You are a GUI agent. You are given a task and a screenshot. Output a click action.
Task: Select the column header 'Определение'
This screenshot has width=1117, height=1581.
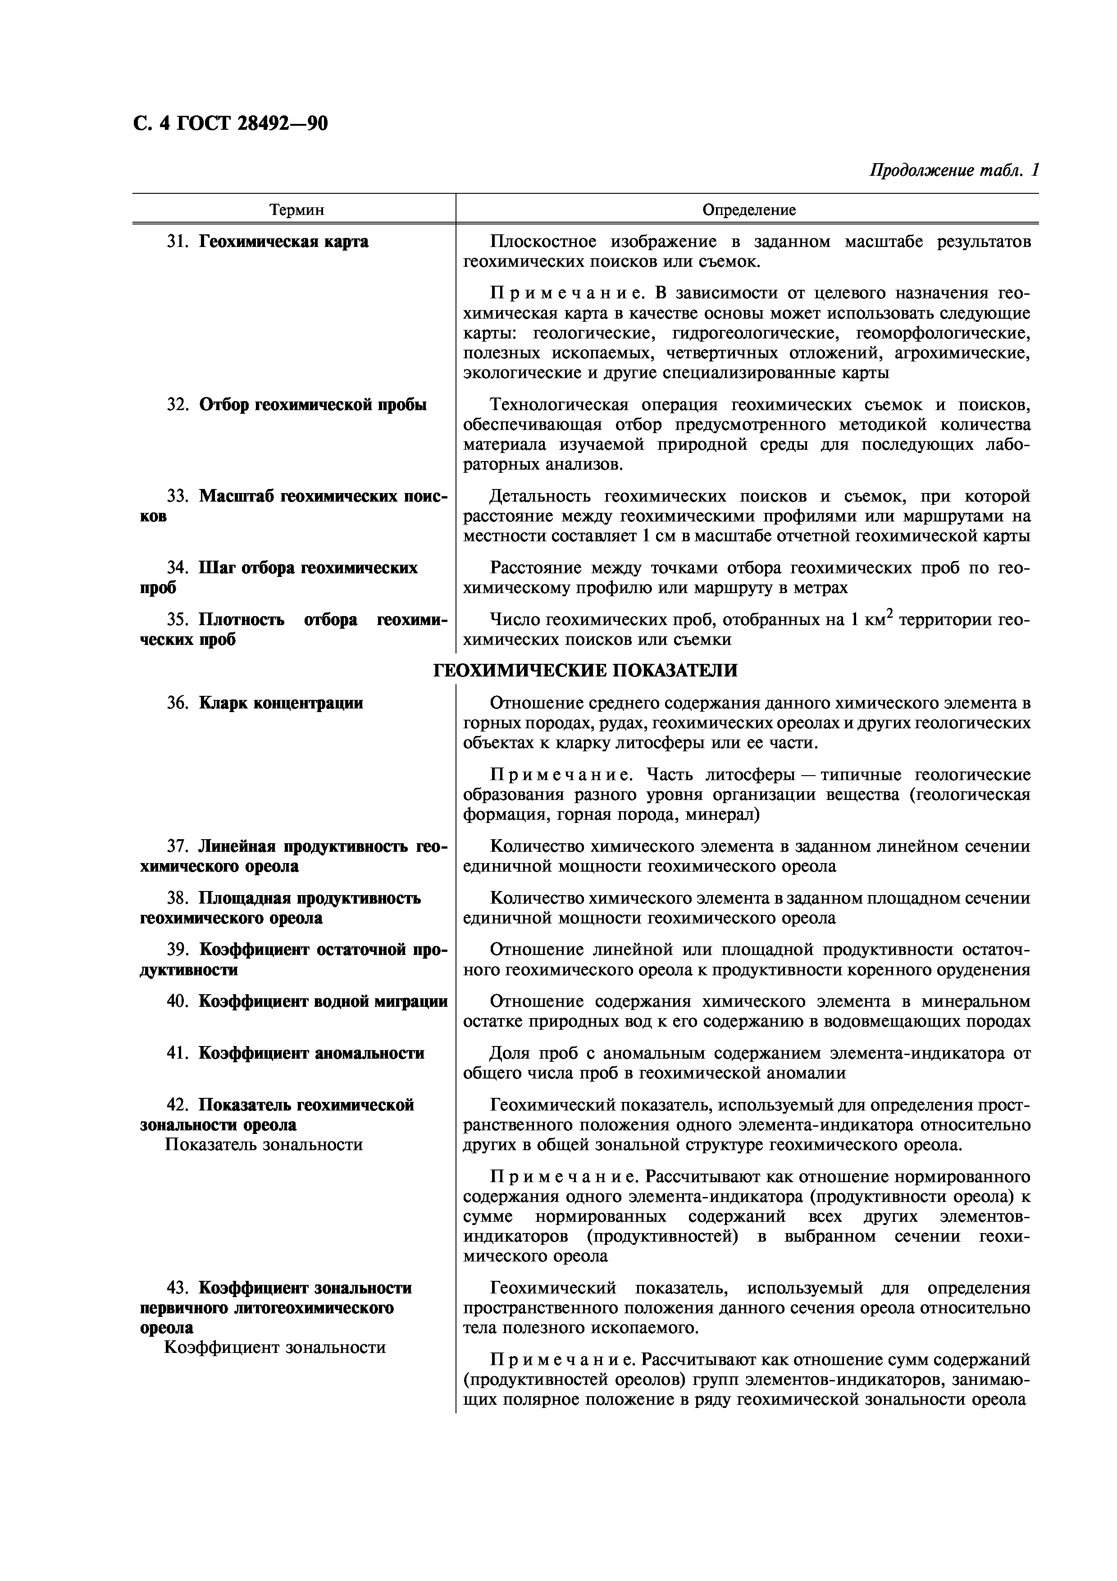pyautogui.click(x=748, y=210)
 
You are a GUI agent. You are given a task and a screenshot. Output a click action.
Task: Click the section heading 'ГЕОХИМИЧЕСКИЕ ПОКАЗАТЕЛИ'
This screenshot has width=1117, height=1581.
pyautogui.click(x=585, y=670)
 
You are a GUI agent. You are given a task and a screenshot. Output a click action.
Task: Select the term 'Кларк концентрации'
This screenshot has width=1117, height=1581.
pyautogui.click(x=281, y=703)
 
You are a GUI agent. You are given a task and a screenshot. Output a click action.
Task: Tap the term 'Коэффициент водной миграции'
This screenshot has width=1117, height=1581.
pyautogui.click(x=323, y=1001)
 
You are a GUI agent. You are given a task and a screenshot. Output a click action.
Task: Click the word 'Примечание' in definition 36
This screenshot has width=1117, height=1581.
pyautogui.click(x=561, y=775)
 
